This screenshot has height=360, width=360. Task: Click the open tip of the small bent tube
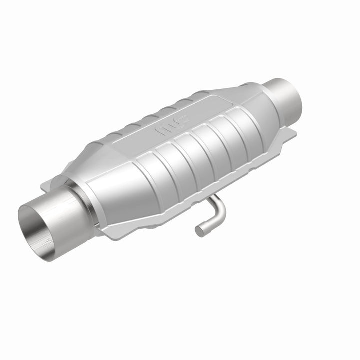coord(199,230)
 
